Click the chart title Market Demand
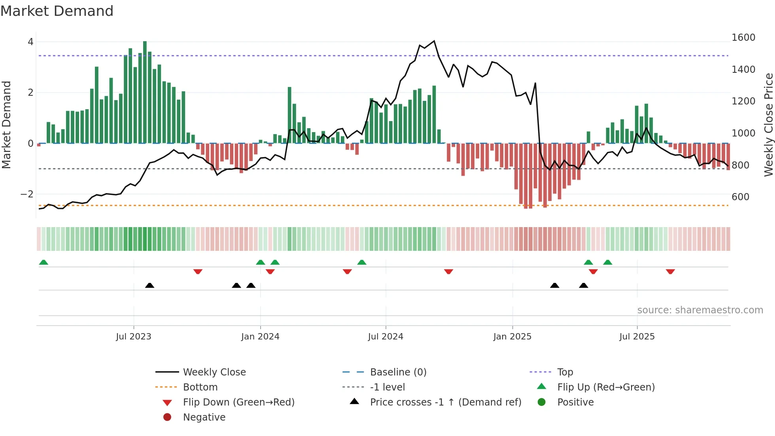click(57, 11)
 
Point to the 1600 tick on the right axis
click(743, 38)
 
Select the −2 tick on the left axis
click(27, 194)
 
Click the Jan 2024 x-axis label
click(260, 337)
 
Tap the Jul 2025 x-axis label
click(637, 337)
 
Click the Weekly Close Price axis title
click(768, 125)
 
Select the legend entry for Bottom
click(200, 387)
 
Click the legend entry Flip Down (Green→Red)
click(238, 402)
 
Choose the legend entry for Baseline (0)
click(398, 372)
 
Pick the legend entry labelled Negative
click(204, 417)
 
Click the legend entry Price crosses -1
click(445, 402)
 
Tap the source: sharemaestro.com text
click(700, 310)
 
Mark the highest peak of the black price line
click(434, 41)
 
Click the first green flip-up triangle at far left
click(43, 262)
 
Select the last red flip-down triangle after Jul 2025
click(670, 271)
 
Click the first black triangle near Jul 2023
click(149, 285)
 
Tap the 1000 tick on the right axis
click(743, 133)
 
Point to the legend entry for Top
click(565, 372)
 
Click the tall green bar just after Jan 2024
click(289, 115)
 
